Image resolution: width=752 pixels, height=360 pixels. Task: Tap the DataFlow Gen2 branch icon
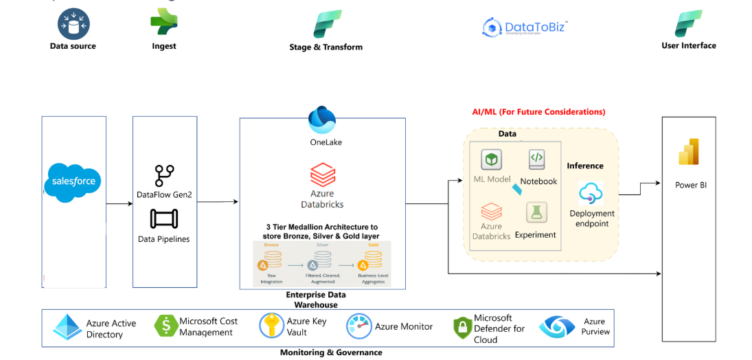(164, 176)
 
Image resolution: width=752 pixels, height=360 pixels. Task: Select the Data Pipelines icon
(164, 219)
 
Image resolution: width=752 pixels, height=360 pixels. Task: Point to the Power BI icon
(688, 153)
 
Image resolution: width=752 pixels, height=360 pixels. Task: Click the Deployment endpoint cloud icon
(591, 193)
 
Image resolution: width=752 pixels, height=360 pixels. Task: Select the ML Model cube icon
(492, 160)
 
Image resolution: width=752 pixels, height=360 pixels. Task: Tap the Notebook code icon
(537, 159)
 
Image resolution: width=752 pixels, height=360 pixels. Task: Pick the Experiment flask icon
(537, 212)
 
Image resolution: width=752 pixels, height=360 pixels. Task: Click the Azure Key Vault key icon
(271, 326)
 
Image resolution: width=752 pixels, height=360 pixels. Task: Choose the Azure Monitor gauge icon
(358, 326)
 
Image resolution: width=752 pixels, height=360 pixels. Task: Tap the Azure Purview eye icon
(556, 327)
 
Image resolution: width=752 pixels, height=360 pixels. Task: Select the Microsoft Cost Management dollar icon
(165, 326)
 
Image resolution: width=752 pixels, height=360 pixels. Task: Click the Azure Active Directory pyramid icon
(67, 328)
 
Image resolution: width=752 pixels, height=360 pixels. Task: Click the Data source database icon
(73, 24)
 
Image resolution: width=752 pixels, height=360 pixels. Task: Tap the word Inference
(585, 166)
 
